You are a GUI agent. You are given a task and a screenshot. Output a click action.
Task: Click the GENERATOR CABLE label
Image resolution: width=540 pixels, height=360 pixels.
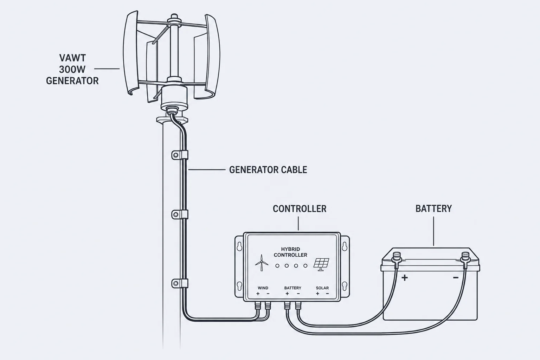[x=268, y=170]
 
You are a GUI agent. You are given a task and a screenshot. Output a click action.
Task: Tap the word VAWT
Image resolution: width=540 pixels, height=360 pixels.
[x=72, y=58]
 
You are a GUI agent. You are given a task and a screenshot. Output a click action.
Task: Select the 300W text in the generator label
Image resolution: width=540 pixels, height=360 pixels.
[x=72, y=70]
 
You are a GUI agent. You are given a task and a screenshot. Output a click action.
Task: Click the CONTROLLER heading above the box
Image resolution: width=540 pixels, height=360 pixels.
[x=300, y=209]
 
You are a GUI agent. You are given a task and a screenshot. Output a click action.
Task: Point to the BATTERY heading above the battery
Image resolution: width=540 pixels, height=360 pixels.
[x=434, y=208]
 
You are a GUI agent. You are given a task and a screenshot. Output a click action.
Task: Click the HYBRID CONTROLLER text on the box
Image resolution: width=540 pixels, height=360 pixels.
[x=290, y=252]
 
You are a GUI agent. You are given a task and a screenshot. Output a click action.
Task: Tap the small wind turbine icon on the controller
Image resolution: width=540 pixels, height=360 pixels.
[x=262, y=263]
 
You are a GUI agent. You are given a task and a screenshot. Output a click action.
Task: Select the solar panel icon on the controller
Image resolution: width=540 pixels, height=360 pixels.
[x=321, y=264]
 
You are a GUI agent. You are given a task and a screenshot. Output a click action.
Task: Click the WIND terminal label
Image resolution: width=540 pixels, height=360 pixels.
[x=263, y=288]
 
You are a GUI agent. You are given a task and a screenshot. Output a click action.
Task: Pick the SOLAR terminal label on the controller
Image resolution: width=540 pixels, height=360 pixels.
[x=322, y=288]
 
